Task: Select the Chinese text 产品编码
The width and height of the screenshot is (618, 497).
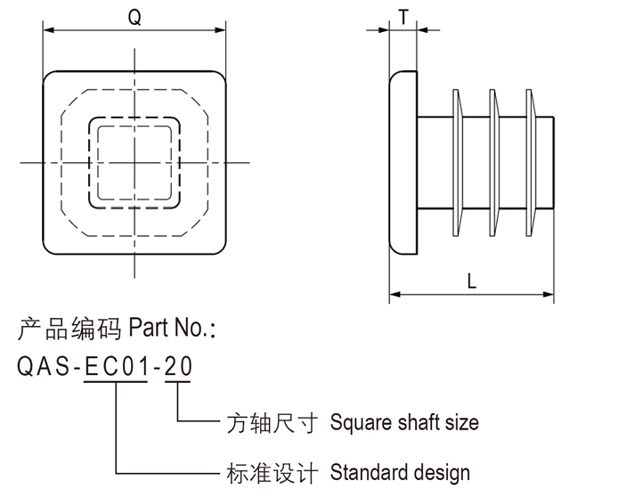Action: [x=69, y=330]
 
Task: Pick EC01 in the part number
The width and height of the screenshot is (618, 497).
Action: [x=116, y=367]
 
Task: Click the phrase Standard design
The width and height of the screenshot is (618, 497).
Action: [x=400, y=471]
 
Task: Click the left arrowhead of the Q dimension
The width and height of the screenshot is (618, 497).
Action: [x=48, y=31]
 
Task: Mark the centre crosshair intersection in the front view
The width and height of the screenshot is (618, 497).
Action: [x=135, y=162]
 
